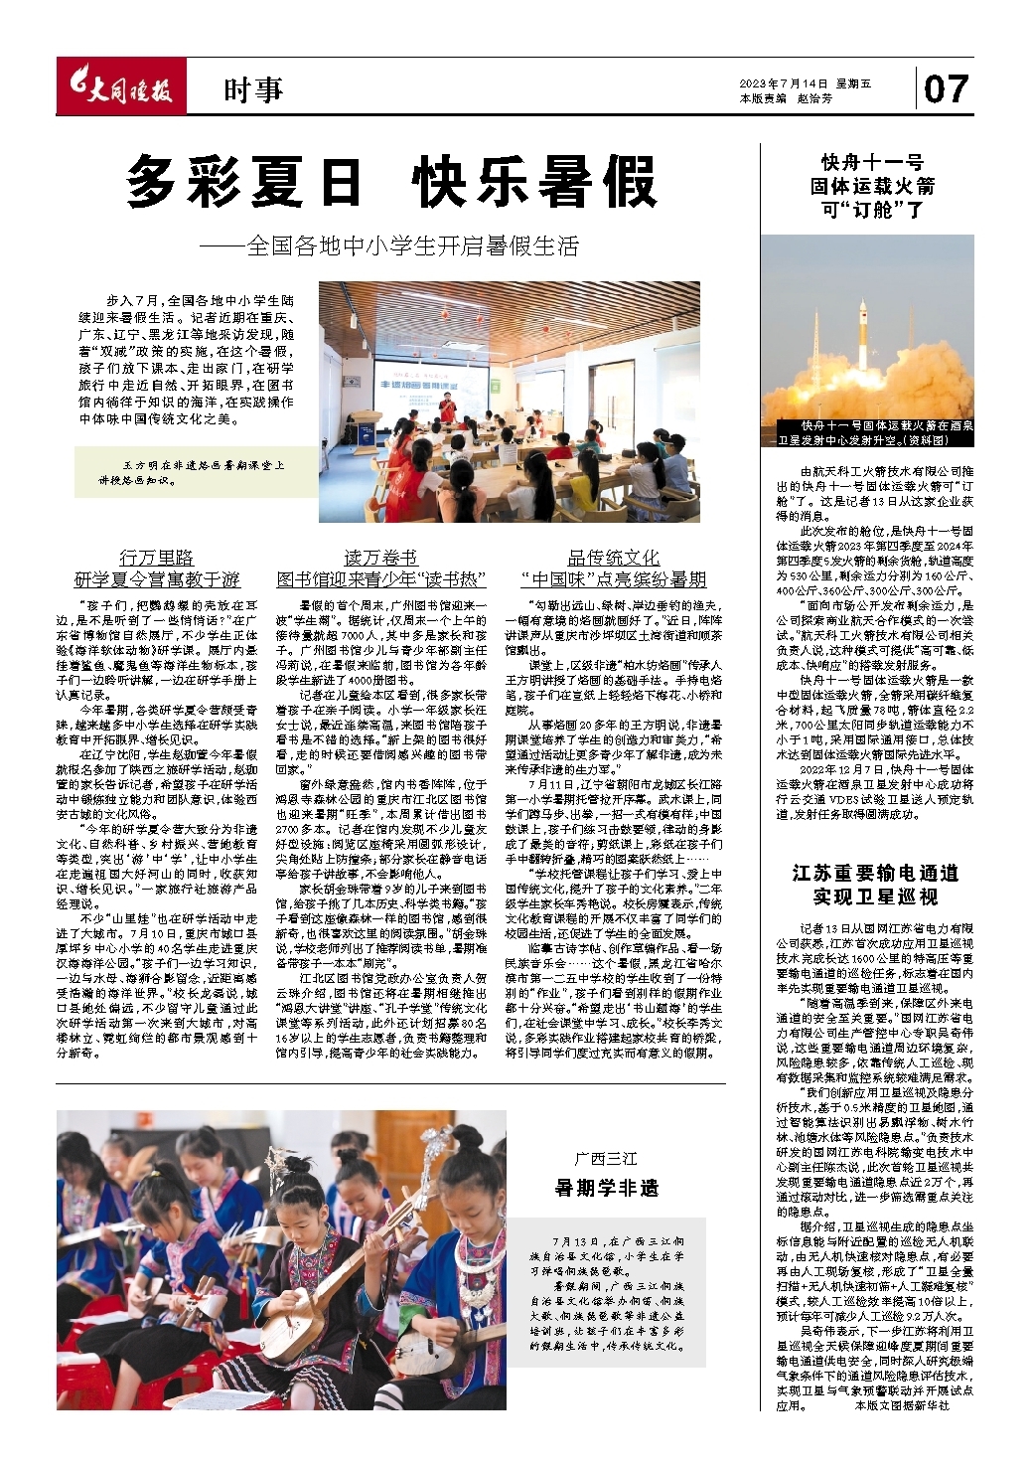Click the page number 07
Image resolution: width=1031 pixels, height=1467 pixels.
click(x=945, y=89)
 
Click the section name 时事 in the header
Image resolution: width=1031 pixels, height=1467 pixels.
click(x=252, y=91)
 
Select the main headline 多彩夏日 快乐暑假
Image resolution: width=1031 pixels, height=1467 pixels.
click(x=391, y=182)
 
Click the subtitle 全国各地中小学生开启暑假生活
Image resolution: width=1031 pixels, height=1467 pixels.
click(x=412, y=245)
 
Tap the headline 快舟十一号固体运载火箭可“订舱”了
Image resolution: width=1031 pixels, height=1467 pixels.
click(x=872, y=186)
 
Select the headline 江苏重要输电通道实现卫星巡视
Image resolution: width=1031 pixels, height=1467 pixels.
click(x=874, y=884)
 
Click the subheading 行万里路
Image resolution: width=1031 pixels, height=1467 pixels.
click(x=156, y=557)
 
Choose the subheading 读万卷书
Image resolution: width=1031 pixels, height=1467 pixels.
click(x=380, y=557)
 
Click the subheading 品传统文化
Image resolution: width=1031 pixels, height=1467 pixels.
click(x=613, y=557)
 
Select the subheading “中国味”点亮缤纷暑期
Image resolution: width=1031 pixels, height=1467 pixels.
click(x=613, y=579)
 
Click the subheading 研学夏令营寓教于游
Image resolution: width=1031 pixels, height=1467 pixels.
click(x=156, y=579)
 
